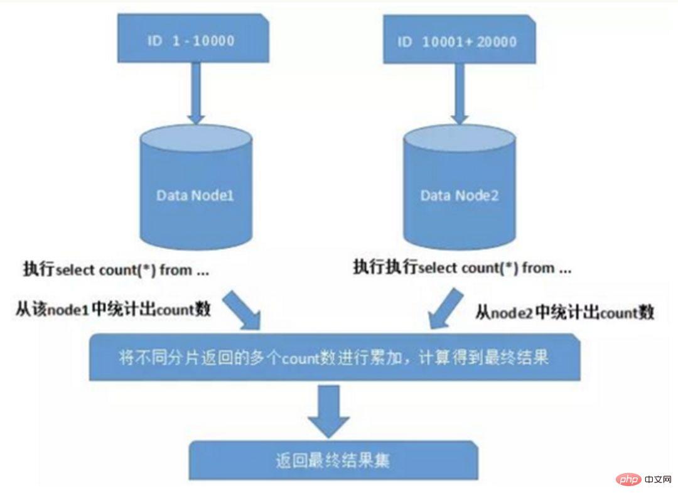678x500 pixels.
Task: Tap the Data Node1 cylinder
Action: coord(195,188)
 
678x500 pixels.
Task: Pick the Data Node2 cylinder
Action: coord(459,188)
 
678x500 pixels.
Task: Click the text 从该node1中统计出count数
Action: coord(113,310)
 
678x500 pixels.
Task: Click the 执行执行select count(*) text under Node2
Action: coord(462,268)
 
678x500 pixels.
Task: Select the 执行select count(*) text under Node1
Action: coord(113,271)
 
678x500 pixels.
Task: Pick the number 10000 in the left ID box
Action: coord(211,41)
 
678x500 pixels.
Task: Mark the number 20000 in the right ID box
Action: coord(496,42)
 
